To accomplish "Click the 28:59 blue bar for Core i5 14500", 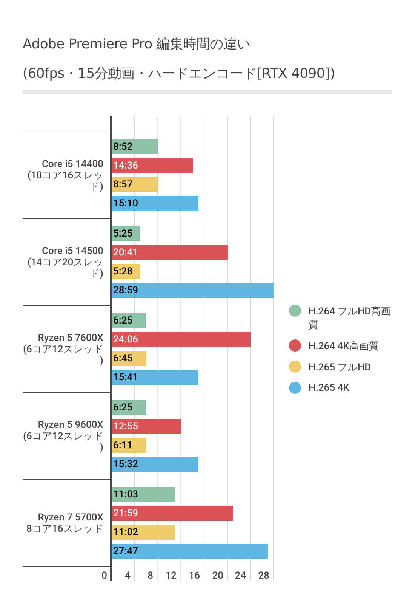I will (x=192, y=290).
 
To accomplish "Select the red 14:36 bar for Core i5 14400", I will (x=152, y=166).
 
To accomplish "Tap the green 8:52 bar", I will (x=135, y=147).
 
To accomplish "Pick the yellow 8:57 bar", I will (x=135, y=184).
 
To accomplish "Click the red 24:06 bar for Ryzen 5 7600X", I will (x=181, y=339).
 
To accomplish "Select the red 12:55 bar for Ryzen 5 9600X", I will (x=146, y=426).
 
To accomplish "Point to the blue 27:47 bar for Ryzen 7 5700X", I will (x=189, y=551).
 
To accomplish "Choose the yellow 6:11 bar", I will (x=129, y=445).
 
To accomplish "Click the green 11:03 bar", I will (x=143, y=494).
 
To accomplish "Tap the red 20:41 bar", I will (x=170, y=252).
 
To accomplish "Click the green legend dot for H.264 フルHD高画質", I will (x=295, y=311).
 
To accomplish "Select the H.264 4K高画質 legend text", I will (x=343, y=346).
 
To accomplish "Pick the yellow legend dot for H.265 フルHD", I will (x=295, y=367).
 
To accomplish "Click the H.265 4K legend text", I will (x=329, y=387).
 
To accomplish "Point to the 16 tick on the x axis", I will (x=194, y=575).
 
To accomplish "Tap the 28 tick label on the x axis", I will (x=264, y=575).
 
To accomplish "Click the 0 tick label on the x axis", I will (x=105, y=575).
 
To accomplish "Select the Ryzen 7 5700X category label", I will (x=70, y=517).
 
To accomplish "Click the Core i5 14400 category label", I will (x=72, y=164).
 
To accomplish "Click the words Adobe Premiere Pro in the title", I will (x=87, y=44).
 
